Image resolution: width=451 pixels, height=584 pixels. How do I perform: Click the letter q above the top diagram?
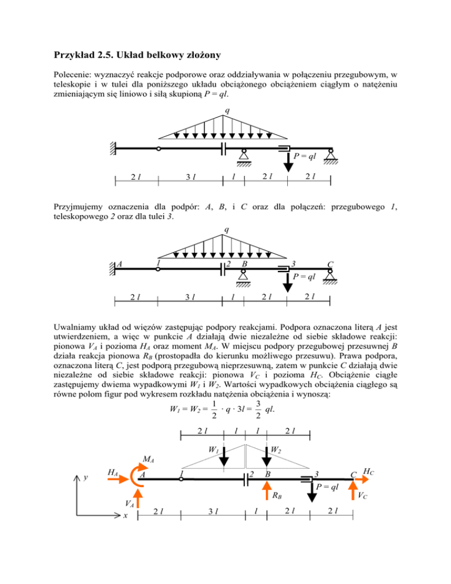pos(225,111)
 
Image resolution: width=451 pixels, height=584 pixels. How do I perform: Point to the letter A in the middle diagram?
pos(119,263)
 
